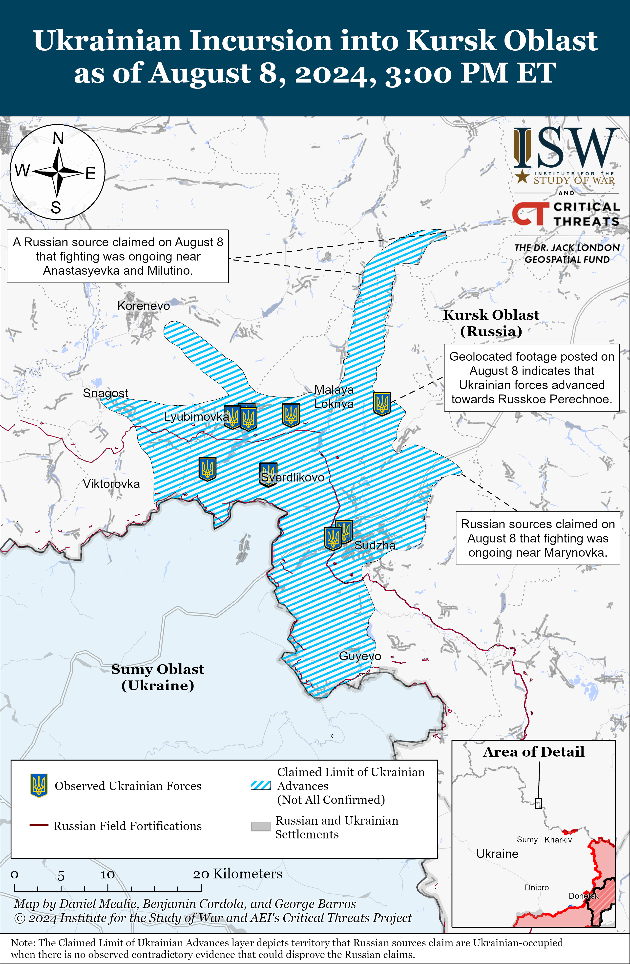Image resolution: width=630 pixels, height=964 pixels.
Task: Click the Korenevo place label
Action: tap(143, 306)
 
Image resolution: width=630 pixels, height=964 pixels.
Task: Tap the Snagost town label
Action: tap(105, 393)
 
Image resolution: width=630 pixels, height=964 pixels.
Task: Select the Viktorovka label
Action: tap(111, 484)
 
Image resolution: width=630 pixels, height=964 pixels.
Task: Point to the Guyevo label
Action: tap(359, 656)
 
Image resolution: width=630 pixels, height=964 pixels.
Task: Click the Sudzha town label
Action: tap(375, 545)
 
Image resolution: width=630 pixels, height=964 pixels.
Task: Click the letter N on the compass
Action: tap(58, 138)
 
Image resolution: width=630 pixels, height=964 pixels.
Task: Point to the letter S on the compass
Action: tap(56, 208)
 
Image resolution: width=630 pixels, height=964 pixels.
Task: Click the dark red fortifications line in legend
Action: tap(39, 826)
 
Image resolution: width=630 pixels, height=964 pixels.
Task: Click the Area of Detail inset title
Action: tap(534, 752)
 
